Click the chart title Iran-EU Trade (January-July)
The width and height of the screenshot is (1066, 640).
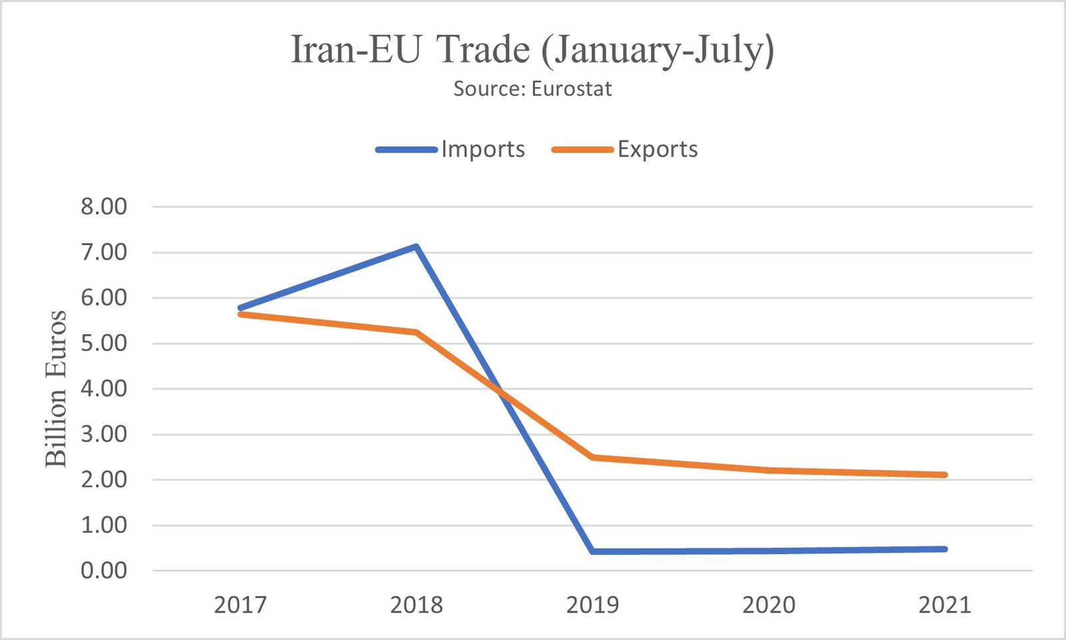[x=532, y=49]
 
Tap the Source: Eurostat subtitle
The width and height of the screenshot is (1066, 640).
[x=532, y=89]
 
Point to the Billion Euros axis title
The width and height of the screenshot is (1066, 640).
[x=56, y=389]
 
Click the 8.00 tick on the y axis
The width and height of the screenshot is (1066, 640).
[x=104, y=206]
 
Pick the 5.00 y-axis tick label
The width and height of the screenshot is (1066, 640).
[x=104, y=344]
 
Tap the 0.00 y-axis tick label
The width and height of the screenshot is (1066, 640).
[x=104, y=571]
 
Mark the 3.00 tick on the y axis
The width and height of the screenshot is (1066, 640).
[x=104, y=434]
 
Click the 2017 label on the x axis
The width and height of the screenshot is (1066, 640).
[x=241, y=605]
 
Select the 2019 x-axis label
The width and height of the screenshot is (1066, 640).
[x=592, y=605]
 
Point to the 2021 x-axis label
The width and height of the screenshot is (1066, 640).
[x=945, y=605]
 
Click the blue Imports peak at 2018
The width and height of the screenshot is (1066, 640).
[x=416, y=246]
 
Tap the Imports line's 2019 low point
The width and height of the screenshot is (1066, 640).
[x=592, y=551]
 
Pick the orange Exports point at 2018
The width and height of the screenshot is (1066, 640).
[x=416, y=332]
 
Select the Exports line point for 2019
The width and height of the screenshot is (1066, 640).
[x=592, y=458]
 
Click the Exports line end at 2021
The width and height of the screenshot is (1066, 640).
[x=945, y=475]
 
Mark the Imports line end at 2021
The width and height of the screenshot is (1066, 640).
[x=945, y=549]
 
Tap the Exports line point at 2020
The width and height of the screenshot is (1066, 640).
[x=769, y=470]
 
